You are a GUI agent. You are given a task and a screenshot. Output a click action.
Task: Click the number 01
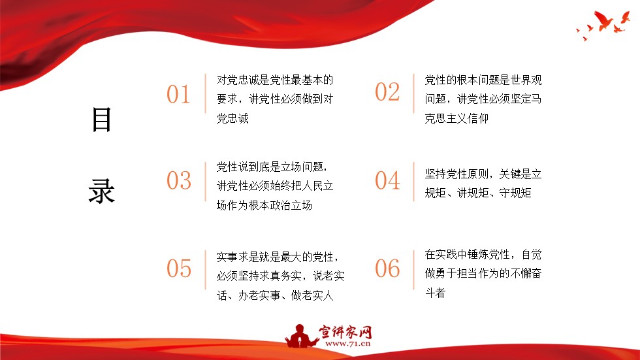[178, 95]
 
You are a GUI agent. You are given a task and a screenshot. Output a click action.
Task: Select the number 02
[387, 92]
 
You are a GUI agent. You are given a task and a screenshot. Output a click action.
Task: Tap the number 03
[178, 180]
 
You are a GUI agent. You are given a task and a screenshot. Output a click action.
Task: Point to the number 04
[387, 180]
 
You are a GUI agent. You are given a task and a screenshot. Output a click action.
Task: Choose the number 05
[178, 269]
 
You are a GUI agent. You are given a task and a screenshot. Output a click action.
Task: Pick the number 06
[387, 269]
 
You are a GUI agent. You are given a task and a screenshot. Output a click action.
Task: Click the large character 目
[102, 120]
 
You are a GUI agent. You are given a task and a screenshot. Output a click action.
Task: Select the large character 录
[102, 190]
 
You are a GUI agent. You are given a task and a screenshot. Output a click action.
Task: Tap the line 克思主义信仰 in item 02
[456, 118]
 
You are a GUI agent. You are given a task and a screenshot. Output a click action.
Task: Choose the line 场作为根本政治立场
[264, 205]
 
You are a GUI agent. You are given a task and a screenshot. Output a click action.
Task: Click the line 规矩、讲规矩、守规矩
[478, 193]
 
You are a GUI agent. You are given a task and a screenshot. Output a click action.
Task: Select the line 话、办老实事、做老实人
[275, 295]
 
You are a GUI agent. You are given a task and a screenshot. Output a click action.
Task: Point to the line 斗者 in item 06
[435, 293]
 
